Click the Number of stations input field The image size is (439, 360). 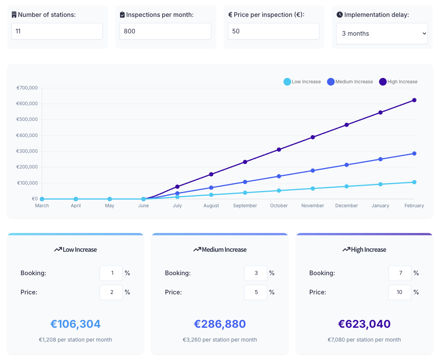click(57, 31)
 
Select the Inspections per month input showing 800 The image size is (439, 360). click(165, 31)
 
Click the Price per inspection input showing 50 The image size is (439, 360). click(273, 31)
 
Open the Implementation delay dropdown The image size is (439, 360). click(382, 33)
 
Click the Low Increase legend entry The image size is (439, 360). click(302, 82)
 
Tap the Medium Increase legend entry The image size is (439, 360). click(350, 82)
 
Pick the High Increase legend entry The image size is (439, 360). click(398, 82)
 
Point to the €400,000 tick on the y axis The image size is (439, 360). click(27, 135)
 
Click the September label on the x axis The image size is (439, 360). click(245, 206)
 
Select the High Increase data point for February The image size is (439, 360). click(414, 100)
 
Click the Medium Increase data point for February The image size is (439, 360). click(414, 154)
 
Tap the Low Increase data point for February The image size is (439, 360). click(414, 182)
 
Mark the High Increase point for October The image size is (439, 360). click(279, 149)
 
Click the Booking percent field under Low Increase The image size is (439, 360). click(111, 273)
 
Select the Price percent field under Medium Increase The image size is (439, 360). click(256, 292)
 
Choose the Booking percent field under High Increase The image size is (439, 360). click(400, 273)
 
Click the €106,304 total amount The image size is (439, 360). click(76, 324)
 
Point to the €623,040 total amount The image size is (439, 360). click(364, 324)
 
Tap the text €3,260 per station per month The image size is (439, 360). click(220, 340)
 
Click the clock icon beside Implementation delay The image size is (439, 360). click(340, 15)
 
